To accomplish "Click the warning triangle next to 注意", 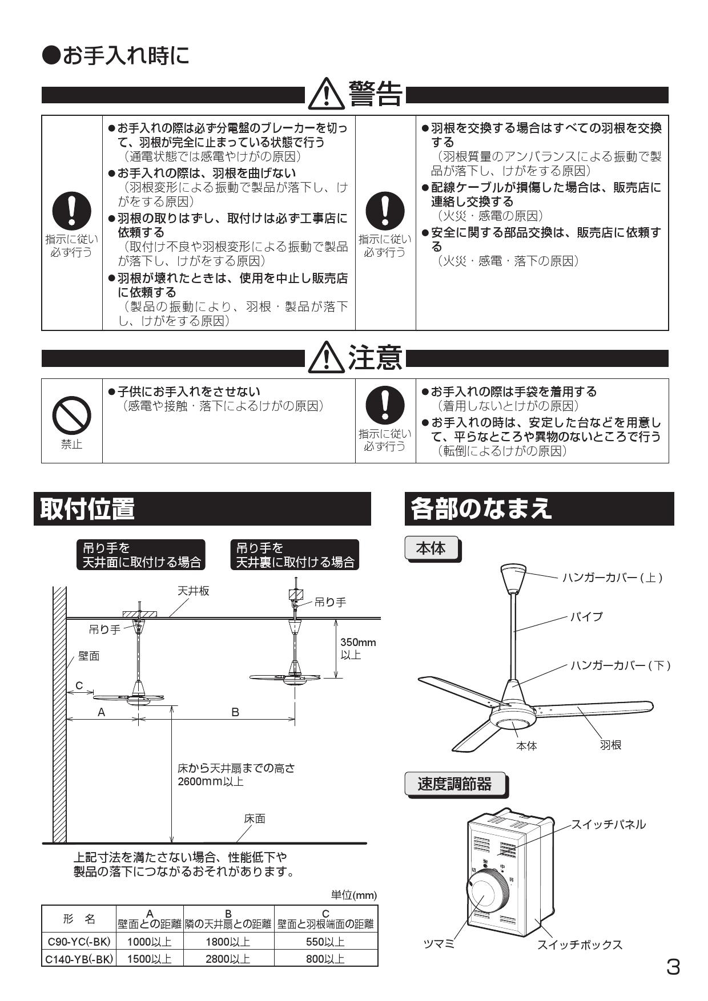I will [x=326, y=359].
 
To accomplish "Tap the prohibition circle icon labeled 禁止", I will [x=71, y=415].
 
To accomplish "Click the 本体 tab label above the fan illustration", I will [x=431, y=548].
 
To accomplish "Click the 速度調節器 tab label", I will [x=454, y=784].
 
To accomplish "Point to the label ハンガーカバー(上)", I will [x=612, y=578].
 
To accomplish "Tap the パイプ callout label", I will [x=586, y=616].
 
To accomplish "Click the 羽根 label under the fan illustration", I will [x=610, y=745].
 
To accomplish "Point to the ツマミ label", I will [x=439, y=945].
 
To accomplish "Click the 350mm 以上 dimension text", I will [x=358, y=648].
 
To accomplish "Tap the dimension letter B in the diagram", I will [x=235, y=712].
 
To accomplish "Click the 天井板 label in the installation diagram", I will [x=193, y=591].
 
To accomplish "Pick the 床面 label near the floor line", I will [x=255, y=818].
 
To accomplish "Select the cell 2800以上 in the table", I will [x=228, y=959].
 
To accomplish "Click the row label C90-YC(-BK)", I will [x=78, y=942].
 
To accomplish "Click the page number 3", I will [x=673, y=967].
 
